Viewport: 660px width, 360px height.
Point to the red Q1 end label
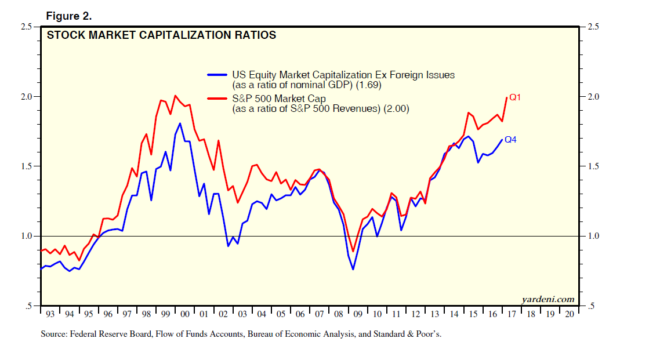point(515,97)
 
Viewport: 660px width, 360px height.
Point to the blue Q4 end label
point(511,140)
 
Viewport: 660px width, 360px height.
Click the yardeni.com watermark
point(548,299)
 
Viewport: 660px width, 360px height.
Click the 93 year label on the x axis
point(50,314)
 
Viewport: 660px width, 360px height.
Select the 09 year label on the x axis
point(357,314)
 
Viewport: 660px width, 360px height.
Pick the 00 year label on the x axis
point(184,314)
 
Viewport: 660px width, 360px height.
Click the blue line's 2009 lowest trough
point(353,270)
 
